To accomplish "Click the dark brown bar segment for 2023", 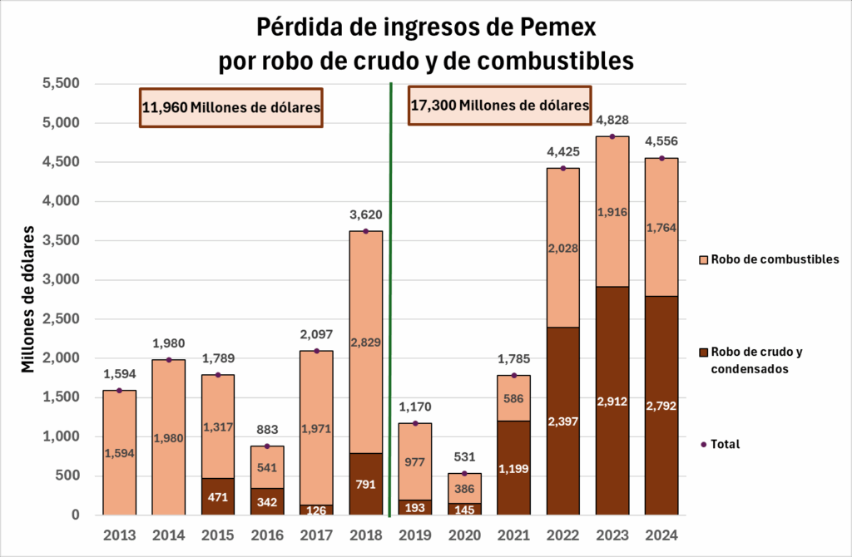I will [612, 401].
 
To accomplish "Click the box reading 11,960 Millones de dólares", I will [231, 107].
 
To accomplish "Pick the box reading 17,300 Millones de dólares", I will [500, 106].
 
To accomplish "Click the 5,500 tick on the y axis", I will [61, 84].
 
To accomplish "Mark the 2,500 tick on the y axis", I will [61, 319].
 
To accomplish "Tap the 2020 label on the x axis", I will [464, 535].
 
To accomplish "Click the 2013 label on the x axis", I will [119, 535].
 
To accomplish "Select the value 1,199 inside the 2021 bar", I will [513, 468].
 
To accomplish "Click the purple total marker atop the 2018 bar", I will [365, 231].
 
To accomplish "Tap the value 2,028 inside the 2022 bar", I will [562, 248].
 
